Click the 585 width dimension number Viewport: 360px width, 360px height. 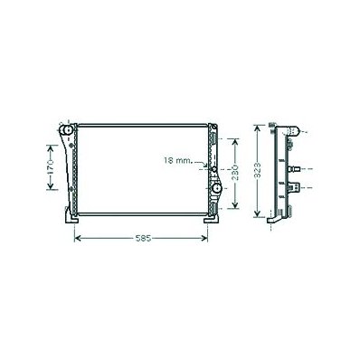pos(143,239)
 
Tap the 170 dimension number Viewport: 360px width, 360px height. pos(50,167)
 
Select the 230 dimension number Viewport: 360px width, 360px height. pos(235,173)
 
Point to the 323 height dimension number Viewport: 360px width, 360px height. pos(257,172)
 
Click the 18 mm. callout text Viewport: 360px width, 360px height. pos(178,161)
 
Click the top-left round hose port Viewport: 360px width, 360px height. pos(66,130)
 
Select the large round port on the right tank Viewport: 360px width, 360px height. pos(216,189)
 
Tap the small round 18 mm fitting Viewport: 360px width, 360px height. pos(214,169)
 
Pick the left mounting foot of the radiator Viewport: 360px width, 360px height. pos(71,217)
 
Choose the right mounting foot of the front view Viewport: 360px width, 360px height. pos(212,219)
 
